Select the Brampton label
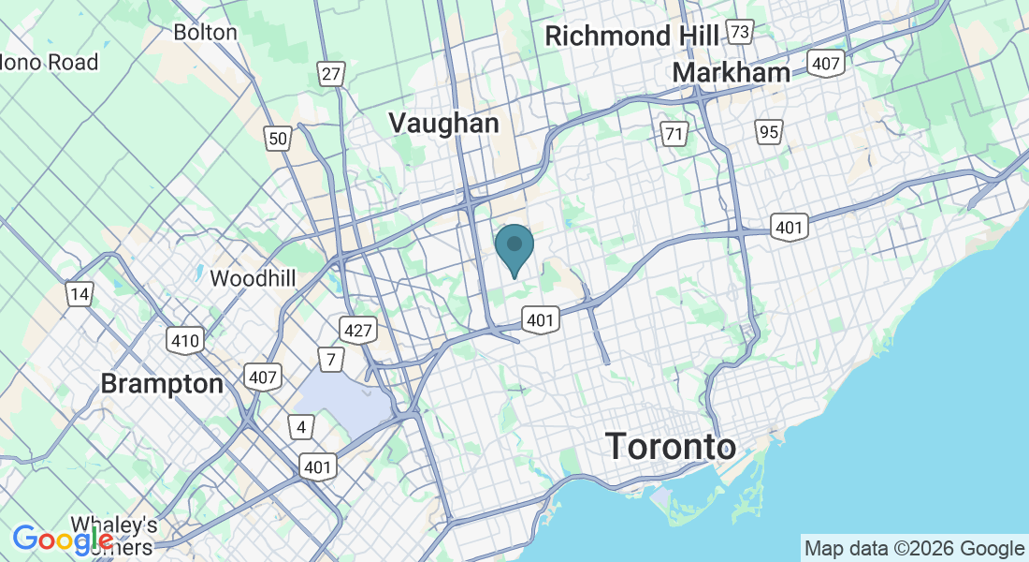click(x=162, y=384)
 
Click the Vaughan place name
click(x=443, y=123)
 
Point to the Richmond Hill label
click(x=631, y=37)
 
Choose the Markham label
click(x=731, y=72)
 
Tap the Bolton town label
click(x=206, y=32)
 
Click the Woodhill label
click(x=254, y=278)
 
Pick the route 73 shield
click(x=741, y=33)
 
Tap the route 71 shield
click(x=674, y=133)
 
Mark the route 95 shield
click(x=769, y=132)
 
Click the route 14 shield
click(x=80, y=295)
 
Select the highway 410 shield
click(x=185, y=340)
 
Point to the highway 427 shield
click(x=359, y=330)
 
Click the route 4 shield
click(x=300, y=428)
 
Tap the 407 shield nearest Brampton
click(x=262, y=377)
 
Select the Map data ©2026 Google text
click(x=914, y=548)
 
